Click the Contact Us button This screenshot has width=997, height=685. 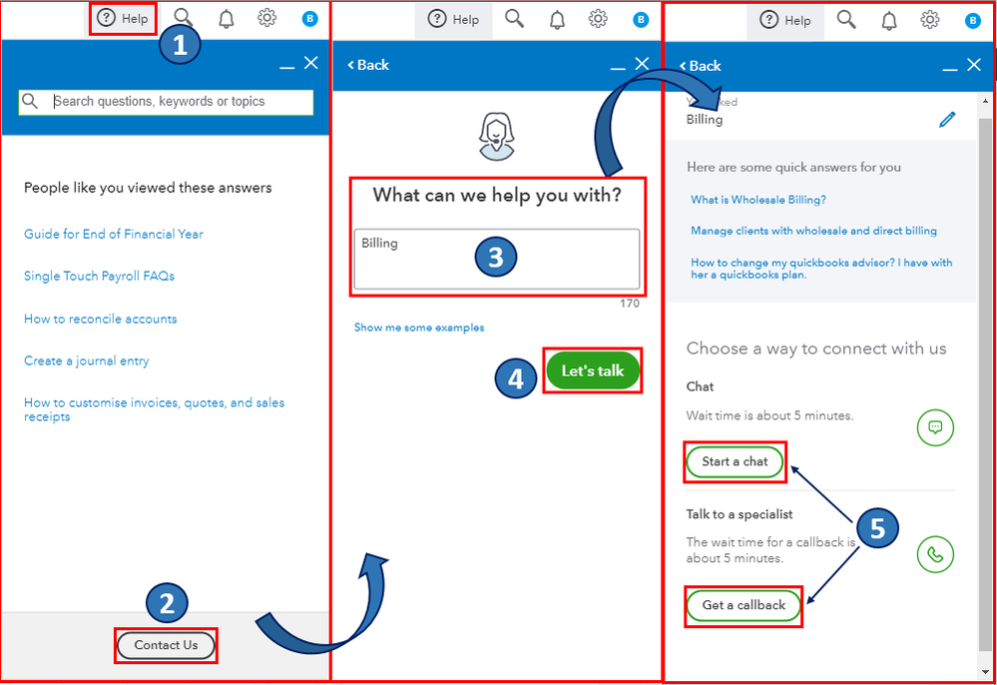[x=166, y=645]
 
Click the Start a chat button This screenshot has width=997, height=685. [x=735, y=461]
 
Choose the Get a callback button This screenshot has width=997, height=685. [x=744, y=605]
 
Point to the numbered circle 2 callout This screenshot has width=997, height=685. [x=167, y=602]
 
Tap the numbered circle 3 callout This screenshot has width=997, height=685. [x=495, y=257]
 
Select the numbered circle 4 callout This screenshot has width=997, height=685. [x=516, y=378]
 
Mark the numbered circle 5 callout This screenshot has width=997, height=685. [x=877, y=528]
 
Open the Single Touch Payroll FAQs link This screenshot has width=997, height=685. [x=99, y=276]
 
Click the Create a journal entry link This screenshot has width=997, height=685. [x=87, y=360]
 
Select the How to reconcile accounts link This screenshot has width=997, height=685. [x=100, y=319]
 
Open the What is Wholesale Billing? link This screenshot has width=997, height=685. [x=758, y=200]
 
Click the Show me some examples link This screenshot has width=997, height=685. [x=419, y=328]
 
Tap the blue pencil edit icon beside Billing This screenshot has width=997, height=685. [x=947, y=119]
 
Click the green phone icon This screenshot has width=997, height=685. [x=935, y=554]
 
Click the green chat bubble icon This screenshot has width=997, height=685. [x=935, y=427]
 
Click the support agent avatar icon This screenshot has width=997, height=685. [x=496, y=136]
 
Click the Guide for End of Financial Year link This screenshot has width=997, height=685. [x=114, y=234]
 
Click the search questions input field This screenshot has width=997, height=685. [x=180, y=101]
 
